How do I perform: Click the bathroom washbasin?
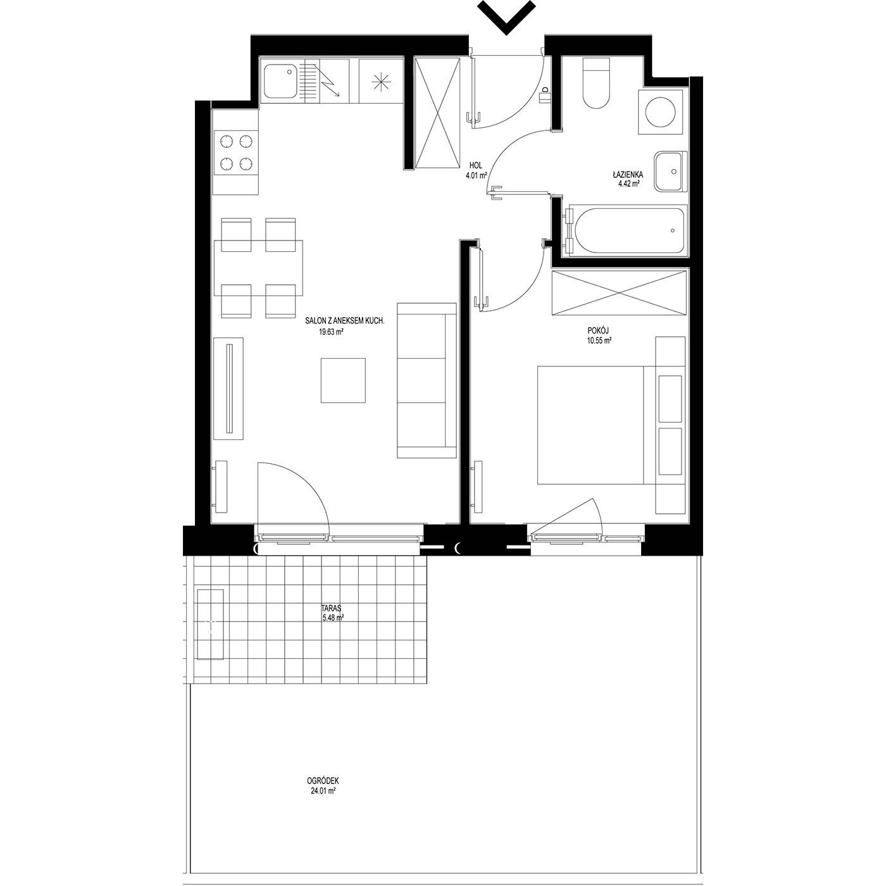click(670, 172)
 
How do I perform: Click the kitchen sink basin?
click(280, 81)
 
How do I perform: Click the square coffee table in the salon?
click(343, 381)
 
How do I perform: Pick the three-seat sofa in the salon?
click(426, 380)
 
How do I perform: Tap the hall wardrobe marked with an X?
click(437, 113)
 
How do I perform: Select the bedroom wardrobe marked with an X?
click(619, 293)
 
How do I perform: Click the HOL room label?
click(475, 165)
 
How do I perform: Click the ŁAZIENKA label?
click(627, 175)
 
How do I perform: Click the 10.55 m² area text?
click(598, 340)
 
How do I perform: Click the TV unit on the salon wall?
click(228, 388)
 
